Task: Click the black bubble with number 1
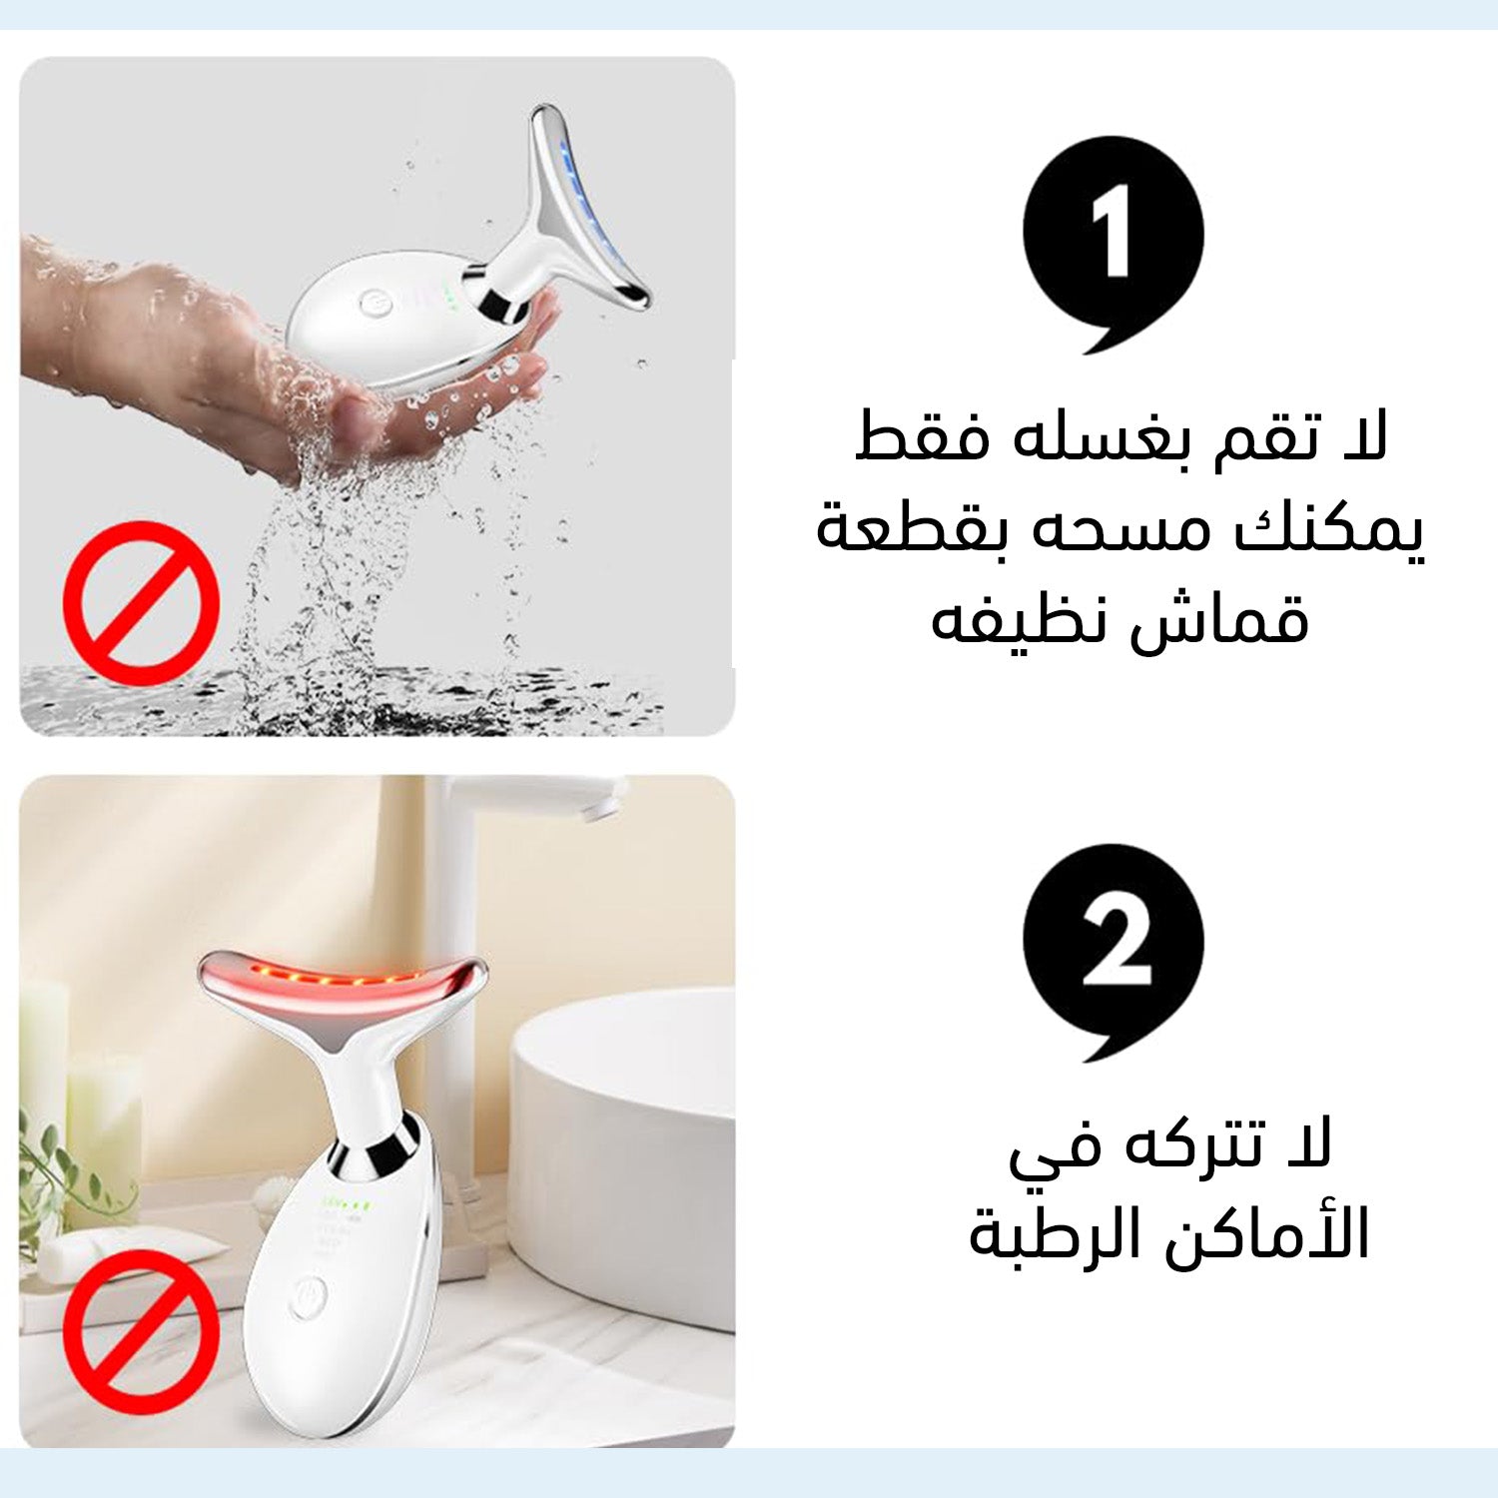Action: coord(1113,240)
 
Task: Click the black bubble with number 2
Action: coord(1113,949)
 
